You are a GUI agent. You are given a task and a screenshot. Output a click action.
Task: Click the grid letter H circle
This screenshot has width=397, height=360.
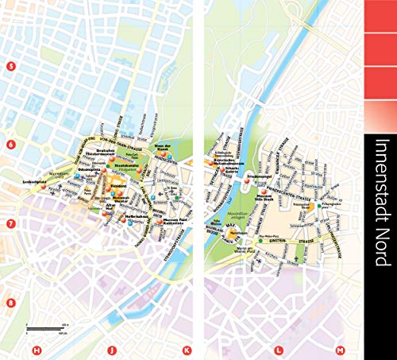click(x=36, y=350)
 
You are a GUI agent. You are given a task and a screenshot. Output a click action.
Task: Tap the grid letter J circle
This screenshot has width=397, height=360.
click(x=112, y=350)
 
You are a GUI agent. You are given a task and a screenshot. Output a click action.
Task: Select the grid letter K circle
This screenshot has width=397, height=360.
click(x=187, y=350)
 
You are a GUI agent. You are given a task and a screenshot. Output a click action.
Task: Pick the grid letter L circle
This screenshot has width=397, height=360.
click(x=278, y=350)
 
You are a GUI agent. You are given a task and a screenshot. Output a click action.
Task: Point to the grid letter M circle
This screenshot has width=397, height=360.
click(x=340, y=350)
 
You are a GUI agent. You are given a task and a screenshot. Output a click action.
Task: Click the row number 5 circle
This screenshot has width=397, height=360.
click(x=10, y=66)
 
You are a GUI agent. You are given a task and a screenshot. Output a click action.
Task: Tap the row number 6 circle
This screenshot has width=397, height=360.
click(x=10, y=145)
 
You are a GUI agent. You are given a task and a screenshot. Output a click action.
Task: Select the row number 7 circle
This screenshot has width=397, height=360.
click(x=10, y=224)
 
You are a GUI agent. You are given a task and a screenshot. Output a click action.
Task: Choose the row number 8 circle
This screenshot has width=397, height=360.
click(x=10, y=281)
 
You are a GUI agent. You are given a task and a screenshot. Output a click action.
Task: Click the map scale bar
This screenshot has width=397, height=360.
click(x=44, y=327)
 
